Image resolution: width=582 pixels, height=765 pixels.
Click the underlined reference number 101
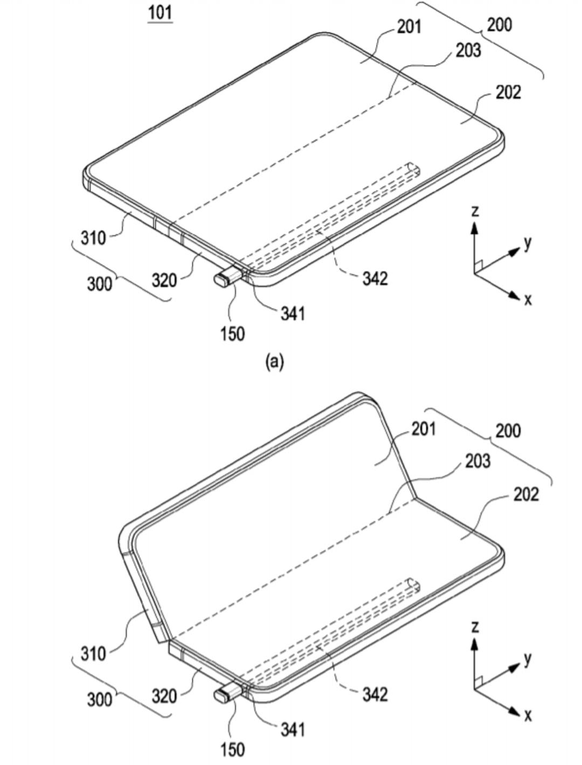[x=161, y=13]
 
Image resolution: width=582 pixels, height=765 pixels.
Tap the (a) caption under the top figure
[x=275, y=361]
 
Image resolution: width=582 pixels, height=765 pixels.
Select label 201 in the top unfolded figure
[x=409, y=27]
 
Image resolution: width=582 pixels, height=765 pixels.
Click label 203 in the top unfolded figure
[x=468, y=50]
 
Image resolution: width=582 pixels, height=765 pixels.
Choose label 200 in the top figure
[x=500, y=25]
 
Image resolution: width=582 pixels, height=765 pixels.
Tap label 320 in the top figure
[x=164, y=280]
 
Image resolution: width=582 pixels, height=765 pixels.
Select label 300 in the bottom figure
[x=100, y=700]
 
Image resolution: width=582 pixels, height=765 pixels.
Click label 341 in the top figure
[x=293, y=313]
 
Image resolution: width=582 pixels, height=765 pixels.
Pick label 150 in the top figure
[x=232, y=333]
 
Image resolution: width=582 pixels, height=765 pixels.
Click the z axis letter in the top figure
[x=474, y=211]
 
